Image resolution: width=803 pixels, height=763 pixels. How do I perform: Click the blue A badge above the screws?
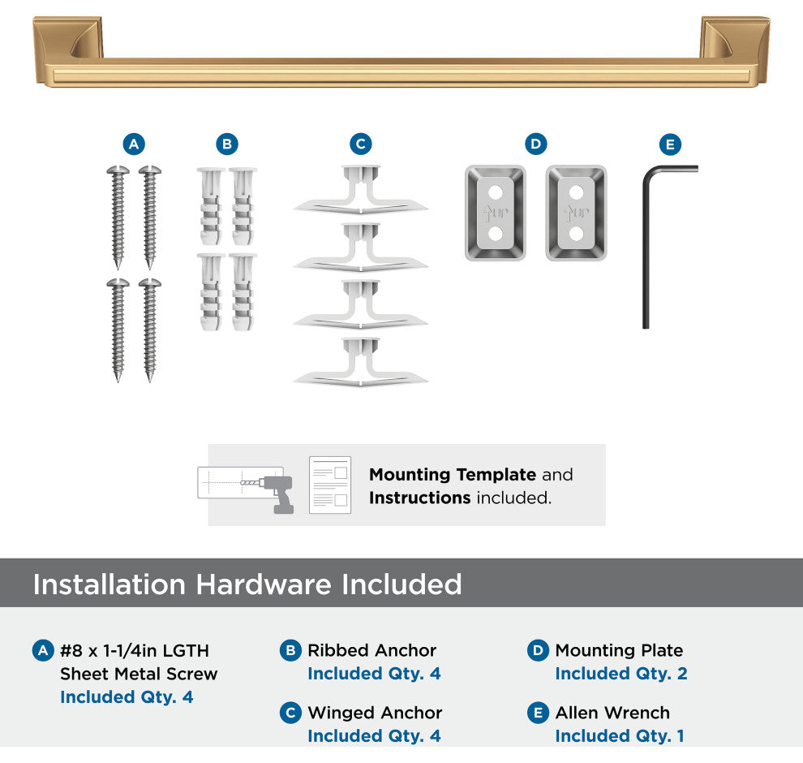[134, 144]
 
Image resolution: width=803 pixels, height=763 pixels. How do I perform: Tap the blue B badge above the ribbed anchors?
[227, 144]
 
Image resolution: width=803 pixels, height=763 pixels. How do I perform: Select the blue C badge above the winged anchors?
[360, 144]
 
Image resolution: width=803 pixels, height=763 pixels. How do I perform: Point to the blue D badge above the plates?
[535, 144]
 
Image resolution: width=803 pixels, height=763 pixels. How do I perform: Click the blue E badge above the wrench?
[670, 144]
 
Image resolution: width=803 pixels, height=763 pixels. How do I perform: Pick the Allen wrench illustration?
[646, 246]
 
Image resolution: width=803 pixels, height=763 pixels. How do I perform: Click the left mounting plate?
[496, 213]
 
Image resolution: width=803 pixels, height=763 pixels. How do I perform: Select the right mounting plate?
[576, 213]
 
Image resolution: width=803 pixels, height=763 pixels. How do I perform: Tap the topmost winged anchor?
[360, 190]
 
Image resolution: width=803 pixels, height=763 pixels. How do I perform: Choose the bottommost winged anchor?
[360, 362]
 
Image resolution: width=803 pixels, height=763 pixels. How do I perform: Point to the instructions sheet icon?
[330, 485]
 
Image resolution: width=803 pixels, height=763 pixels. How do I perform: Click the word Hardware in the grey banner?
[264, 584]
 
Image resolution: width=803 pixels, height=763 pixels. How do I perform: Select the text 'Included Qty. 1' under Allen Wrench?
[620, 736]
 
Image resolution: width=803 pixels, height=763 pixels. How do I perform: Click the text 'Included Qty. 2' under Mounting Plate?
[621, 674]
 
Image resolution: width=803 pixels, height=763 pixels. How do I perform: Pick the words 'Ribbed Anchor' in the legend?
[371, 650]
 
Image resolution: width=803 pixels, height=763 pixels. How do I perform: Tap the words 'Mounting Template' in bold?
[453, 475]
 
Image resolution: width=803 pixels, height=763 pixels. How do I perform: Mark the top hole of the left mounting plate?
[496, 192]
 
